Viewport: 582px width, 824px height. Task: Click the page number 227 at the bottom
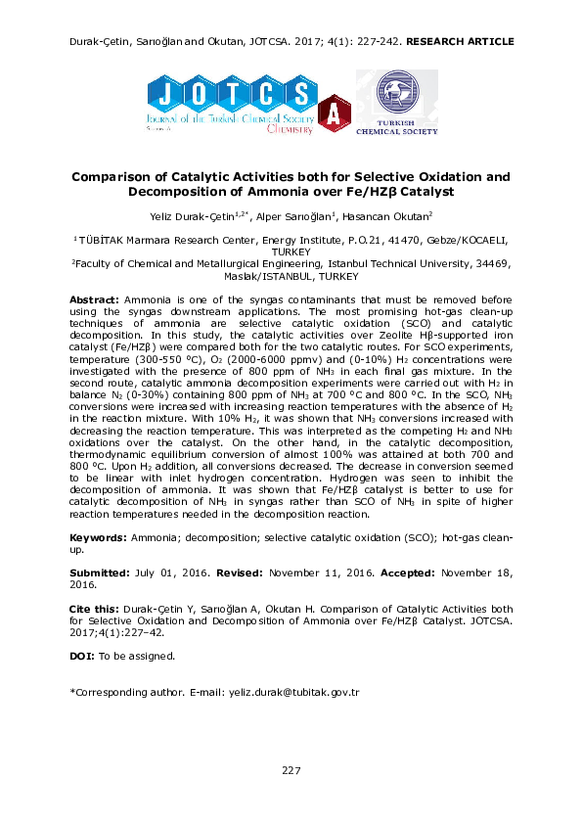coord(291,771)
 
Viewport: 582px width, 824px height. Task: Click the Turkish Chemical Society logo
coord(396,102)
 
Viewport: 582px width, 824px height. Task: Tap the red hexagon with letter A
coord(335,114)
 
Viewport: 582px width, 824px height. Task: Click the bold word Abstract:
coord(95,298)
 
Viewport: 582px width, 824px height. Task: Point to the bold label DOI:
coord(82,656)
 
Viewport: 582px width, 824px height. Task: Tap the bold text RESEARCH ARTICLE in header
coord(459,42)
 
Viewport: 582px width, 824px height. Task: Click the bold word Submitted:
coord(100,572)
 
